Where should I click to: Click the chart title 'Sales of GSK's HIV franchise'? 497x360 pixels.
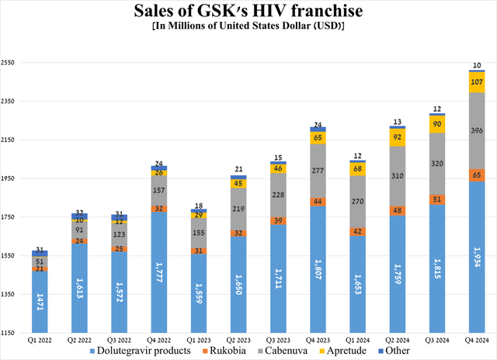tap(248, 12)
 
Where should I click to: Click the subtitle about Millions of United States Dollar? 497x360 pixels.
tap(248, 27)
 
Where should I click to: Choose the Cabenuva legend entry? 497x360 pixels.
tap(292, 351)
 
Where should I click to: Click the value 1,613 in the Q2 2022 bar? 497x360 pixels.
tap(79, 287)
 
